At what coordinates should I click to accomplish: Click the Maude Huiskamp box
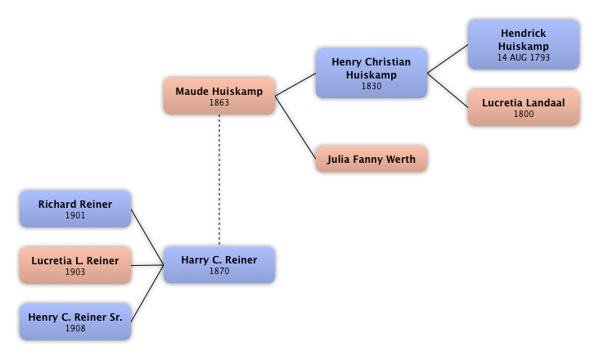point(219,97)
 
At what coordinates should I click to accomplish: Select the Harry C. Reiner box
point(219,265)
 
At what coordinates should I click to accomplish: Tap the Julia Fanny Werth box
point(372,159)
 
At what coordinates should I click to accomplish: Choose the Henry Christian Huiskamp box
point(372,74)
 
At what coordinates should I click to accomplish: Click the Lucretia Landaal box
point(524,108)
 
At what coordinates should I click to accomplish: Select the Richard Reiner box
point(75,209)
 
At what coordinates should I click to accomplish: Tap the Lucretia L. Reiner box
point(75,265)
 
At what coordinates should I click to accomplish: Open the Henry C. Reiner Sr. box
point(75,322)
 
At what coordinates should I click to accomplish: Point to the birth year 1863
point(219,103)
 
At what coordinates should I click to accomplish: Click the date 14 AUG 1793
point(524,58)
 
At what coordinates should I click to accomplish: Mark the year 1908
point(75,328)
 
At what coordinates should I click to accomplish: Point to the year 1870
point(219,272)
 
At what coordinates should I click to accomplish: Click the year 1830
point(372,86)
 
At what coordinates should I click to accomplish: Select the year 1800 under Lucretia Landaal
point(524,115)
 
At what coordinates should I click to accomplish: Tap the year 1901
point(75,216)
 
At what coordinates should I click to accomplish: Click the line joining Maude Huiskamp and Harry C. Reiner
point(219,180)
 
